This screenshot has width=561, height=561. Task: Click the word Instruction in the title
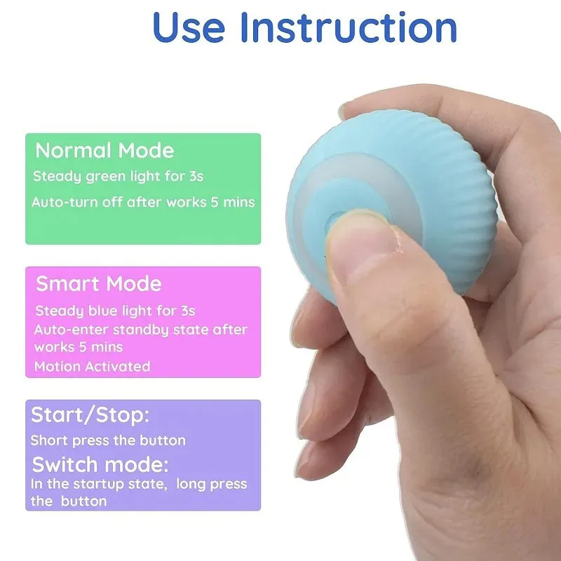pyautogui.click(x=349, y=27)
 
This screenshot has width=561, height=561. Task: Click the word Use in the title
pyautogui.click(x=189, y=28)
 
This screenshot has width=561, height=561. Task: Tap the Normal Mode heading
pyautogui.click(x=104, y=150)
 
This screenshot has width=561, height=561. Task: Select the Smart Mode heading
pyautogui.click(x=99, y=284)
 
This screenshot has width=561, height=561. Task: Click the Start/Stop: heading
pyautogui.click(x=90, y=415)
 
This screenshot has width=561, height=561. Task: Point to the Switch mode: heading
pyautogui.click(x=100, y=464)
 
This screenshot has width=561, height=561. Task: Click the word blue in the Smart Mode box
pyautogui.click(x=103, y=311)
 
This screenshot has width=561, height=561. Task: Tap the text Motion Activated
pyautogui.click(x=93, y=366)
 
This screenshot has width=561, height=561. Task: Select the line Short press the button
pyautogui.click(x=108, y=440)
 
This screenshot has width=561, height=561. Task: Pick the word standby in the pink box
pyautogui.click(x=141, y=330)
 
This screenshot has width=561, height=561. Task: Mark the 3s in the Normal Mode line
pyautogui.click(x=196, y=176)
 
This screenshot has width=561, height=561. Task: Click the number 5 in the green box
pyautogui.click(x=215, y=202)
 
